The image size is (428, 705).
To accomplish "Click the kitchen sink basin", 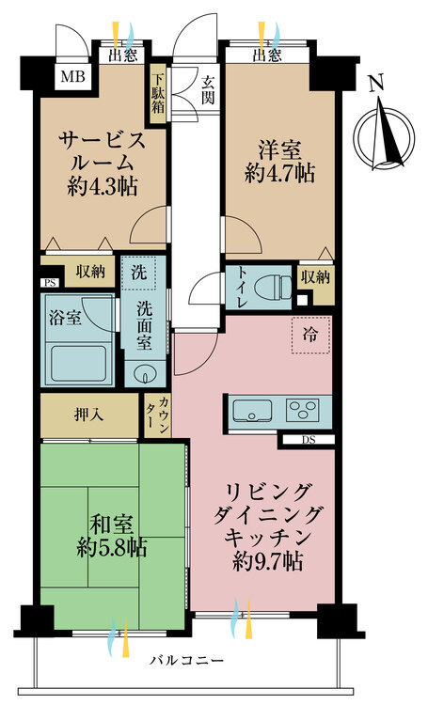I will point(251,411).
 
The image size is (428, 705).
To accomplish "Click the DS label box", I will point(309,439).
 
